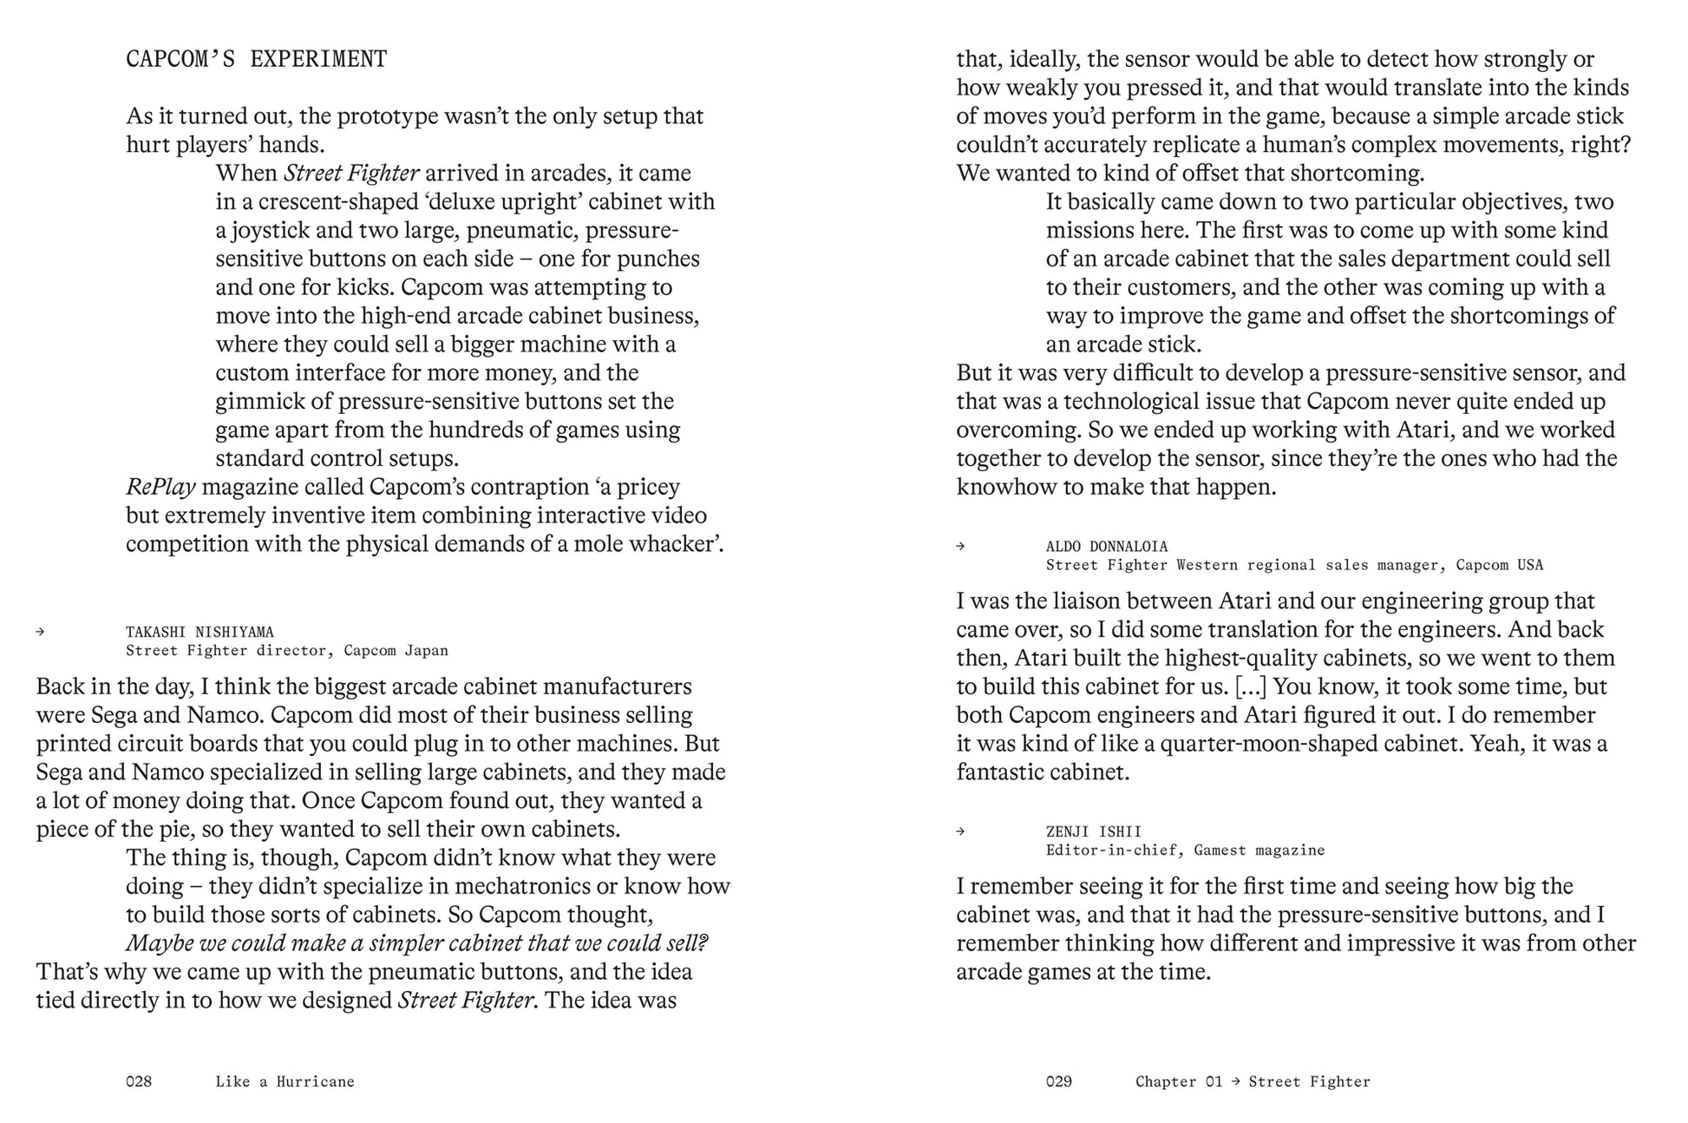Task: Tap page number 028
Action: click(x=139, y=1081)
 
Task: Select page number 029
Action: click(x=1059, y=1081)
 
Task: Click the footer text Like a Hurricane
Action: click(x=285, y=1081)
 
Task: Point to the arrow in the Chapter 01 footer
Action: click(x=1235, y=1081)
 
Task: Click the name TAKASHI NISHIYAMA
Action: click(x=200, y=632)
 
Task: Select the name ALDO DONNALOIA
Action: click(x=1107, y=546)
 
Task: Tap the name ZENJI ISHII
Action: click(x=1093, y=831)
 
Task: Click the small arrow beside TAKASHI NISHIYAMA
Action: click(x=40, y=632)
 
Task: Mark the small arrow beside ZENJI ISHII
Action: click(x=960, y=831)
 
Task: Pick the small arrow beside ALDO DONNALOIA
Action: click(x=960, y=546)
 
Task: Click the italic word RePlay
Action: click(x=160, y=487)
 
